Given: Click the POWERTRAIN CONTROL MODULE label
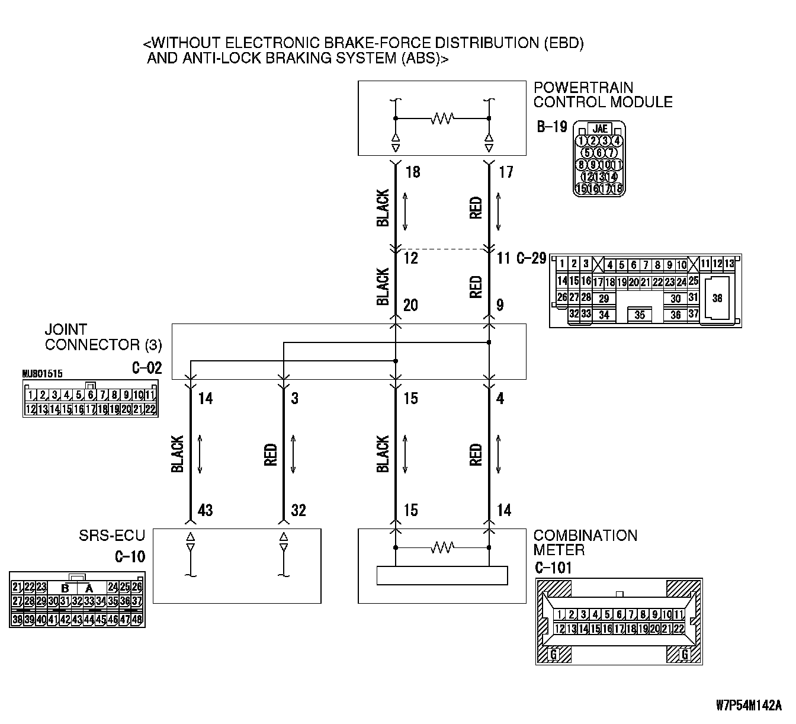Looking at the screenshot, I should pos(602,95).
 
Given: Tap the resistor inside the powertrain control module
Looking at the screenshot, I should pos(442,118).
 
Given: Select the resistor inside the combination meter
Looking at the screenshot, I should pos(442,547).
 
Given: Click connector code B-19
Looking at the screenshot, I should pos(552,127).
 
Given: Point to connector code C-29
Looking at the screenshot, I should pos(531,258).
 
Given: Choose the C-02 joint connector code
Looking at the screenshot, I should pos(146,368).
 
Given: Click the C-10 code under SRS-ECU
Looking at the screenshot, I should pos(130,557).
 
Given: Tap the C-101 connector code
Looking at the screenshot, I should pos(553,568).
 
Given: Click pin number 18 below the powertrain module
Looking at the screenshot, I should pos(413,172).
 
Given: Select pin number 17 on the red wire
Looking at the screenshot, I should pos(506,172).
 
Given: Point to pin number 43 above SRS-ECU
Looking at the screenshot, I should pos(205,510).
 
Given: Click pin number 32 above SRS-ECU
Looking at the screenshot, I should pos(298,510).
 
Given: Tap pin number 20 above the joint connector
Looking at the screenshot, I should pos(410,305).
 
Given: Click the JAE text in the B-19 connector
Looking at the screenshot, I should pos(600,129).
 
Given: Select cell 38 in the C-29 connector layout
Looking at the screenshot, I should pos(717,298).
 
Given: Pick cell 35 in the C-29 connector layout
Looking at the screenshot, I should pos(639,315).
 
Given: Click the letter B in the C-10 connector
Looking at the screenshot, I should pos(65,588).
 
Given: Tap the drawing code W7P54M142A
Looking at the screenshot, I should pos(749,706).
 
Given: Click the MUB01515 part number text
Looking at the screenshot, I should pos(42,374).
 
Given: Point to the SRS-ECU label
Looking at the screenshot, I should pos(112,536).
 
